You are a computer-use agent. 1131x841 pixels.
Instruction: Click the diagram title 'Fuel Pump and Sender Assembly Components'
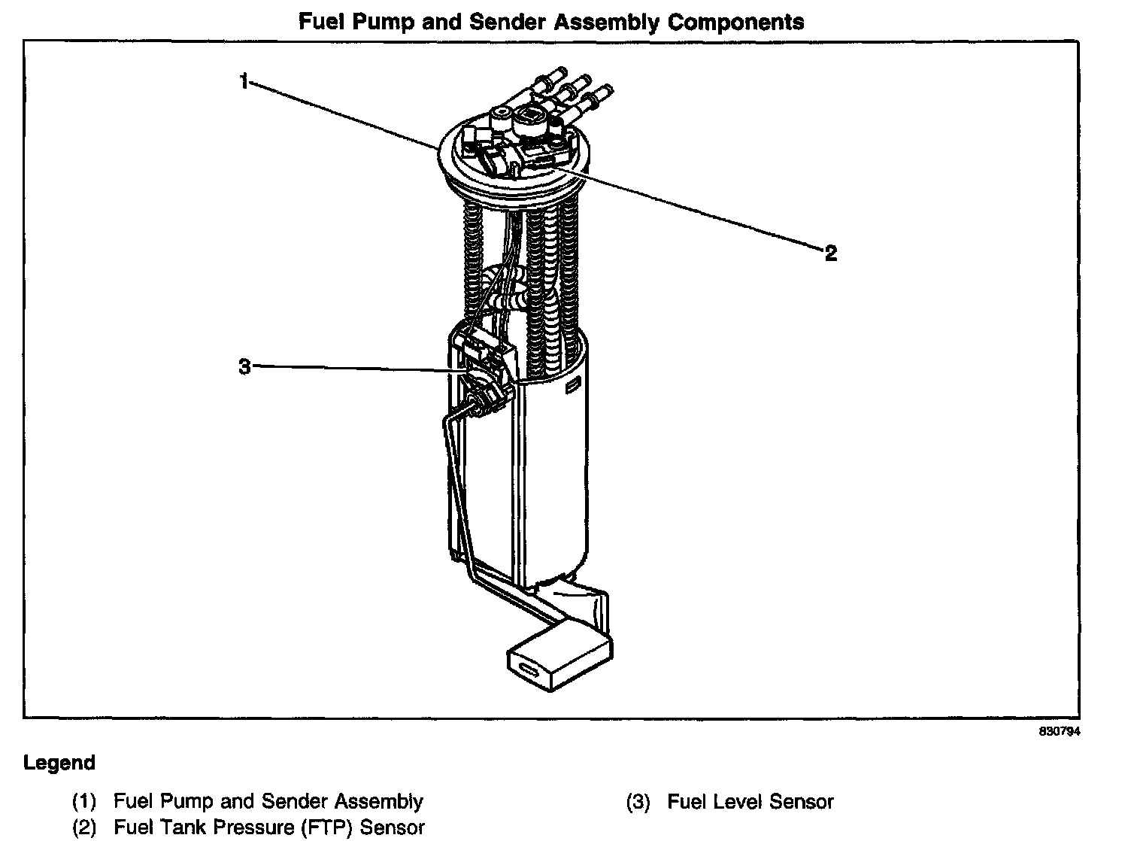[551, 22]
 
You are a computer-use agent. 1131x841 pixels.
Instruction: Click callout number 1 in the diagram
[244, 80]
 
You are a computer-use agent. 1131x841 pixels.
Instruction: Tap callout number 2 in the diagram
[830, 253]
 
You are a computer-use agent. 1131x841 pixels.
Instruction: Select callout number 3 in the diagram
[244, 368]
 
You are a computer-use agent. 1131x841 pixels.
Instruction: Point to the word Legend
[59, 763]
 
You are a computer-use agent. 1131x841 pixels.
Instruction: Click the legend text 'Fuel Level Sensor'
[750, 802]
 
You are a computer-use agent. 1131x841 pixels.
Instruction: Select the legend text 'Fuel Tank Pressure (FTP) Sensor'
[269, 827]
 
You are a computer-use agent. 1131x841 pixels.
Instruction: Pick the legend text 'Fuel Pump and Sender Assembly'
[268, 802]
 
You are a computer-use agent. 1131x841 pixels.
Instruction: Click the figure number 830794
[1060, 732]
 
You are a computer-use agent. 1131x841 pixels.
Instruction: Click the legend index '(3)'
[638, 803]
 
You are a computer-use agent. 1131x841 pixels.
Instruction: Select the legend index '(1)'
[84, 802]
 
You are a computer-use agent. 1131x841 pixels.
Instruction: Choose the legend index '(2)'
[84, 827]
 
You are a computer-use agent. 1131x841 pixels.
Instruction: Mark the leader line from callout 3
[353, 369]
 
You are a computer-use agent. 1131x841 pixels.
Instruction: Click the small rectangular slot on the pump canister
[572, 387]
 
